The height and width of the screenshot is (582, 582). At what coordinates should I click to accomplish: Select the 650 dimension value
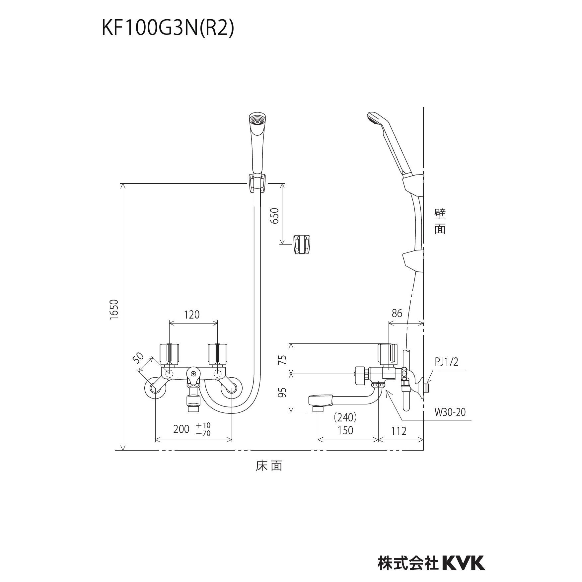(x=275, y=216)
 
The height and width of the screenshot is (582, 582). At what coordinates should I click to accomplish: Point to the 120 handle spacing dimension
(x=192, y=314)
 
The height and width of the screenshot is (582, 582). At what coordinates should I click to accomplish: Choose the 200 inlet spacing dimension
(x=181, y=429)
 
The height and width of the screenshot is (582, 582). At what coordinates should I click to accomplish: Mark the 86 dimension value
(x=397, y=313)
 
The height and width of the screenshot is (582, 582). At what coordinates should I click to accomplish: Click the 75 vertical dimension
(x=282, y=360)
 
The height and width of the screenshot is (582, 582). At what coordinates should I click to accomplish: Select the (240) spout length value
(x=345, y=416)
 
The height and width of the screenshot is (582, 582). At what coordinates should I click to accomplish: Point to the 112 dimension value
(x=399, y=431)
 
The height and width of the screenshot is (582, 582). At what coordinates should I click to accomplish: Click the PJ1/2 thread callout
(x=446, y=362)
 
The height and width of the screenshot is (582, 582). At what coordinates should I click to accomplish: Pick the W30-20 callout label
(x=450, y=412)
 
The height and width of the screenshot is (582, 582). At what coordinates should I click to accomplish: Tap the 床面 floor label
(x=269, y=466)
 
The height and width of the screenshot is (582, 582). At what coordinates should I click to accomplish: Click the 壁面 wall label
(x=440, y=222)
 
